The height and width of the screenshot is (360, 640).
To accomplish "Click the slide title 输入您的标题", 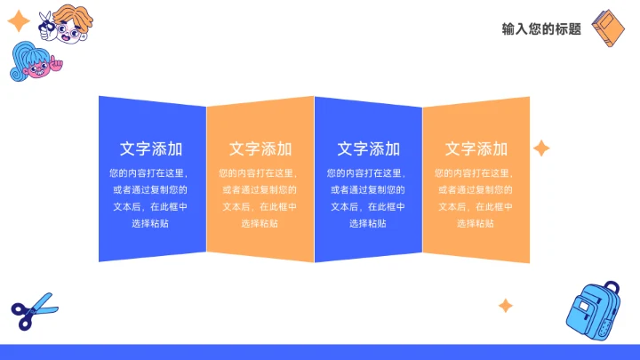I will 541,28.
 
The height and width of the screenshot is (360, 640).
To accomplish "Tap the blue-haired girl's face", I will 34,68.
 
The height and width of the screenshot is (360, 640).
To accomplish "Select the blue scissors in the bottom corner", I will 34,310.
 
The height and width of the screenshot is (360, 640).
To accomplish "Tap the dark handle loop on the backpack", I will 612,290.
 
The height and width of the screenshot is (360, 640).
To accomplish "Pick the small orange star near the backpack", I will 505,306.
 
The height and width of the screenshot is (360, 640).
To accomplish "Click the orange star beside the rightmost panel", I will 540,148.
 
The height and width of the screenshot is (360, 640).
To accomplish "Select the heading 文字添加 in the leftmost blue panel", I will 151,148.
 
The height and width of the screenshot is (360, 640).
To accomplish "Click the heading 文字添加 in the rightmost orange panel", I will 476,148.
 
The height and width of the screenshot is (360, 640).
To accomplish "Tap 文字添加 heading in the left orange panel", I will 260,148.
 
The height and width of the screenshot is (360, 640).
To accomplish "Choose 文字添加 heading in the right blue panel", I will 368,148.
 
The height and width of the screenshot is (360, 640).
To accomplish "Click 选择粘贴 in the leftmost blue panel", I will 151,223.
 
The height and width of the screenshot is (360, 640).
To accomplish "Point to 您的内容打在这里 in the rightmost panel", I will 476,172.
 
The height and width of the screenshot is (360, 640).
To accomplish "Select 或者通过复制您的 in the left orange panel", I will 260,189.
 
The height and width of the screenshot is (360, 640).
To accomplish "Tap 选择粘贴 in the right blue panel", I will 368,223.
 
